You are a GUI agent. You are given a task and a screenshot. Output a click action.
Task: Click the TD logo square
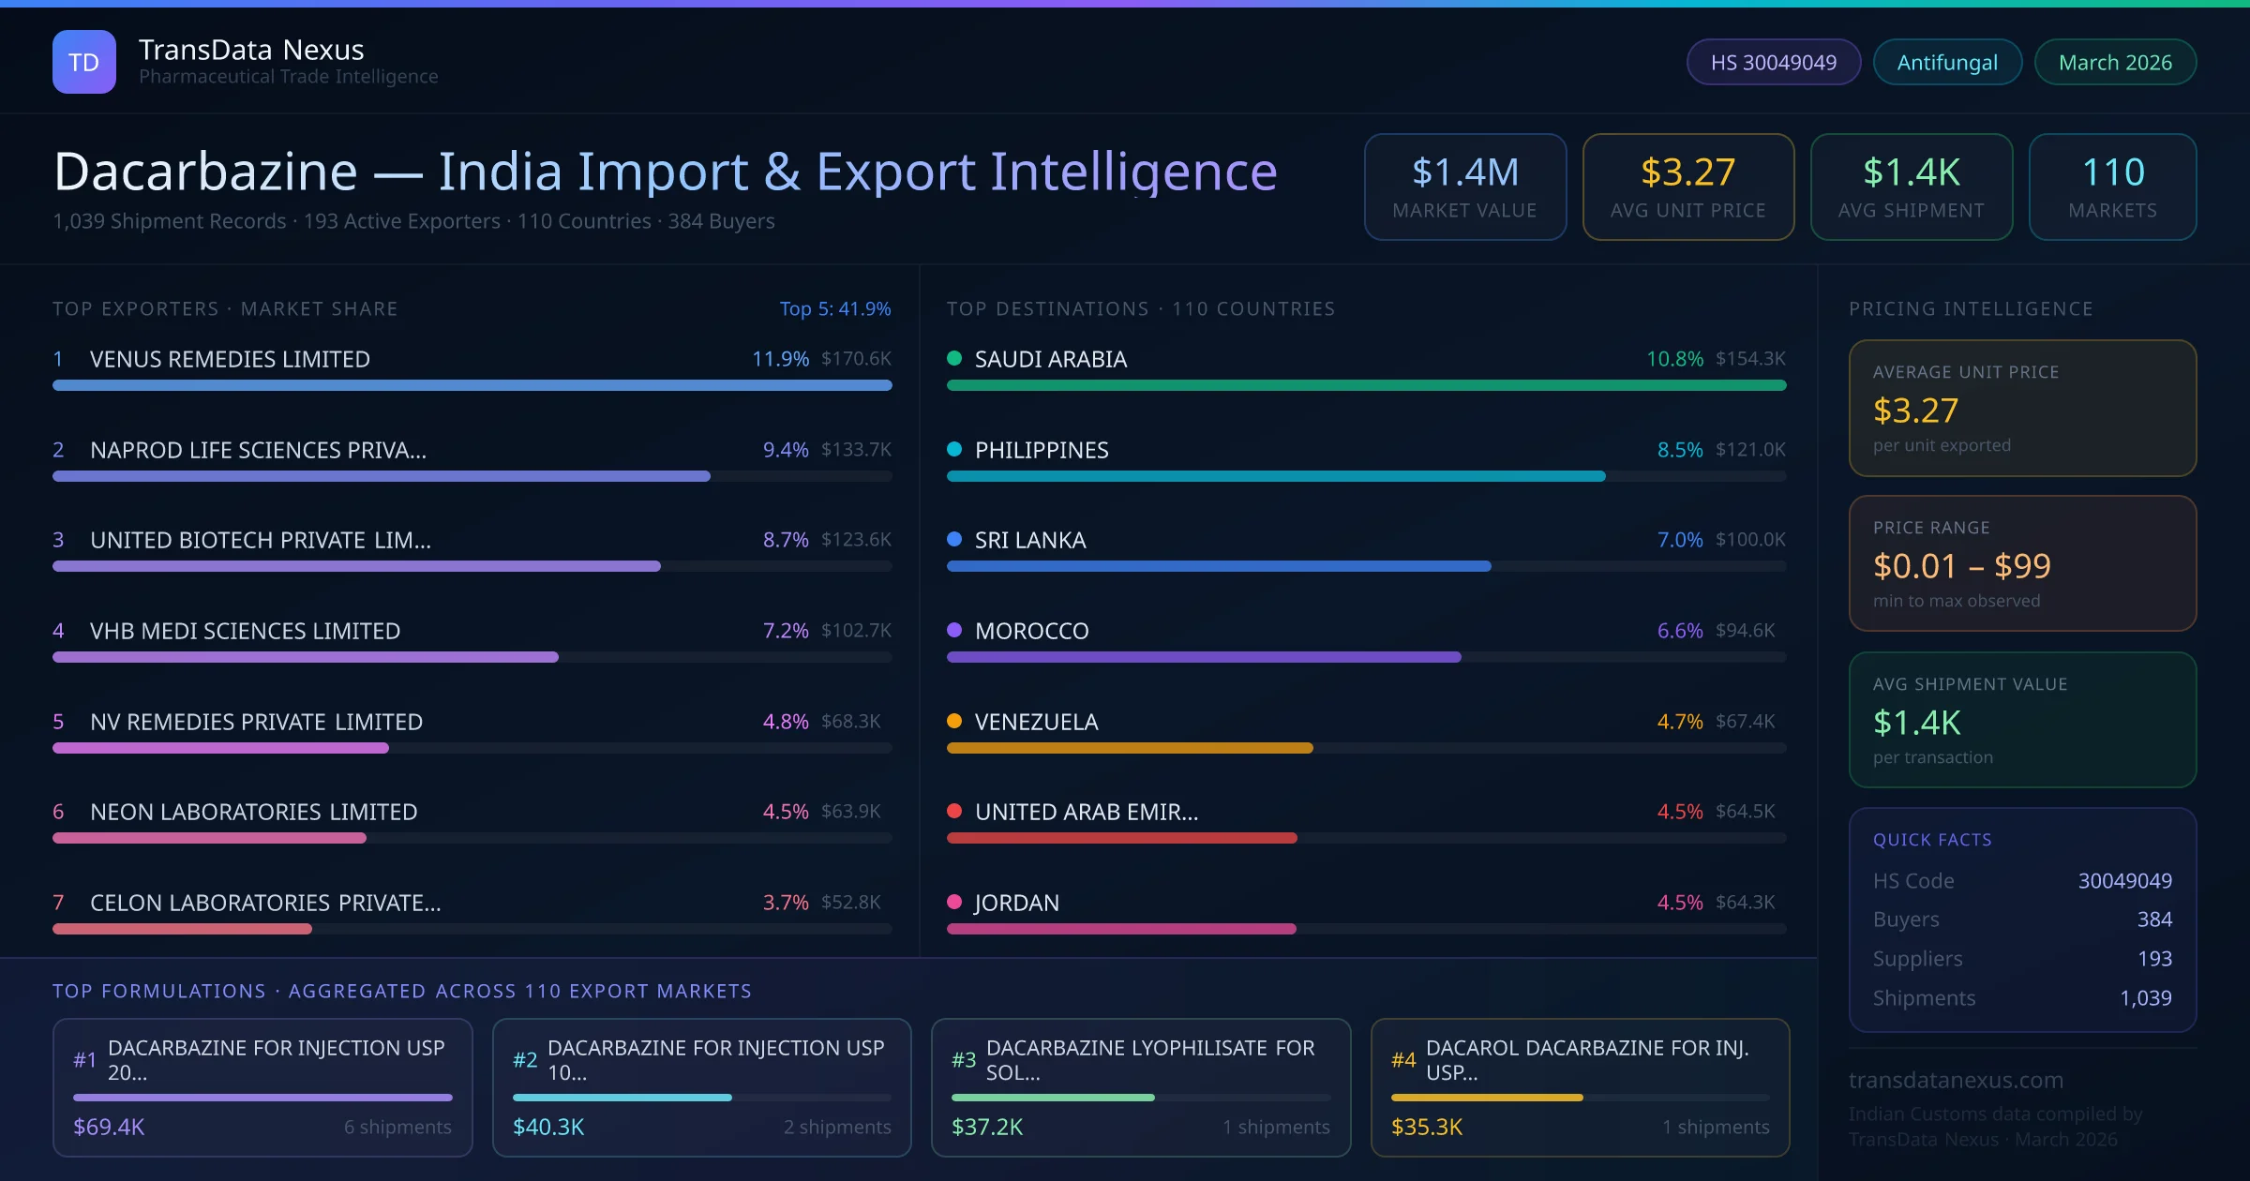pyautogui.click(x=84, y=62)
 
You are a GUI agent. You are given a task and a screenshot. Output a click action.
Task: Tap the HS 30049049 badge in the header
pyautogui.click(x=1773, y=62)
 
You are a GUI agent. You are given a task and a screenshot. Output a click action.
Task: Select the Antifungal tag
pyautogui.click(x=1947, y=62)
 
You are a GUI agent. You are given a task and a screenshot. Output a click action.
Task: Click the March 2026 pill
pyautogui.click(x=2115, y=62)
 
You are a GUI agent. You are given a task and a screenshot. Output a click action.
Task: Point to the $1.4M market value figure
pyautogui.click(x=1464, y=172)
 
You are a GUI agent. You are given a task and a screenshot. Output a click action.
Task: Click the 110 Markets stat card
pyautogui.click(x=2112, y=187)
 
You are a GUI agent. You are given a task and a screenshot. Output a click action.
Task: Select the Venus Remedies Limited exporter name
pyautogui.click(x=230, y=359)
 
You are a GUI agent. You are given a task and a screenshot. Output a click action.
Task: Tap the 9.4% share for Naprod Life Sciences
pyautogui.click(x=786, y=450)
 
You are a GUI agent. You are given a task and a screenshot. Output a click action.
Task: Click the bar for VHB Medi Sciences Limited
pyautogui.click(x=306, y=657)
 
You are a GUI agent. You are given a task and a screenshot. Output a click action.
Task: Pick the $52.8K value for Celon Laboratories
pyautogui.click(x=850, y=903)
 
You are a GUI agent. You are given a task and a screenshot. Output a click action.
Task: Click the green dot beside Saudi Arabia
pyautogui.click(x=954, y=358)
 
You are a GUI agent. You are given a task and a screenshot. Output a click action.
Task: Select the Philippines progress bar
pyautogui.click(x=1275, y=476)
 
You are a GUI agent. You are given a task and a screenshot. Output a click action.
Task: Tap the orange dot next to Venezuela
pyautogui.click(x=954, y=721)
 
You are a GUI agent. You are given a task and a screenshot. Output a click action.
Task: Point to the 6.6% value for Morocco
pyautogui.click(x=1679, y=631)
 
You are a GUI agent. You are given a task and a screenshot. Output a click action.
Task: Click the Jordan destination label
pyautogui.click(x=1017, y=903)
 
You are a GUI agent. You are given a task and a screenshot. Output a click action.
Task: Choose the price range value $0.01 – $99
pyautogui.click(x=1961, y=566)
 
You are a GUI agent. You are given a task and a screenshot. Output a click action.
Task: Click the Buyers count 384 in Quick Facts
pyautogui.click(x=2154, y=919)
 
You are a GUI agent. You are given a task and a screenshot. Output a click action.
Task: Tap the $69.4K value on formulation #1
pyautogui.click(x=109, y=1127)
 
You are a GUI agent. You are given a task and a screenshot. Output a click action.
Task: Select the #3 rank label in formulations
pyautogui.click(x=964, y=1060)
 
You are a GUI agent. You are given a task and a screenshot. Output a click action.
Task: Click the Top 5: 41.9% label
pyautogui.click(x=835, y=308)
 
